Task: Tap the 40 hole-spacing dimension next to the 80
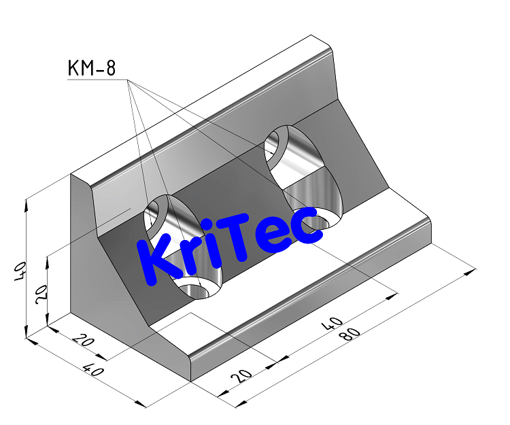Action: (333, 321)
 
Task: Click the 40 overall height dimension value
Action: (20, 270)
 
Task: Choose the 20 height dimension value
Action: (41, 294)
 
